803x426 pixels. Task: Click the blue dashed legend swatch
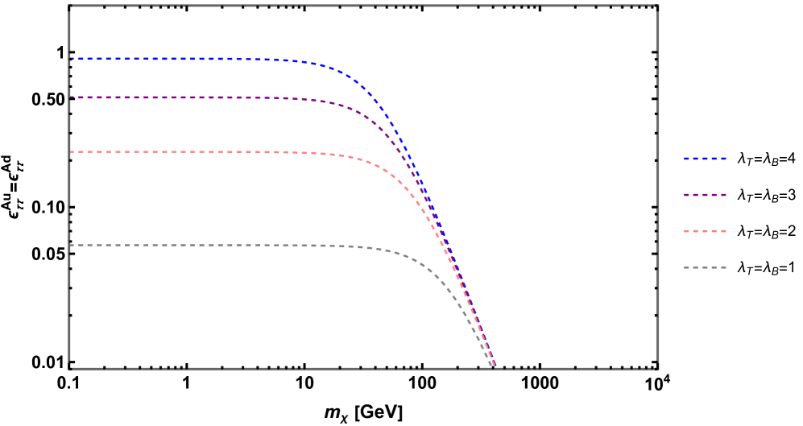[x=705, y=159]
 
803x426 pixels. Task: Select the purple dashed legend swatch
[x=705, y=195]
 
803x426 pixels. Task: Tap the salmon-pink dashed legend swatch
[x=705, y=231]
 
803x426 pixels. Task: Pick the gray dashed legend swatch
[x=705, y=267]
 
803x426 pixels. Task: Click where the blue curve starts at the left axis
[x=72, y=59]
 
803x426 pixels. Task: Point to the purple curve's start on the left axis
[x=72, y=97]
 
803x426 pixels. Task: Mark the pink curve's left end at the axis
[x=72, y=151]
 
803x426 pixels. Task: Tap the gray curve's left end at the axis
[x=72, y=245]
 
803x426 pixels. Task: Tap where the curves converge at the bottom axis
[x=494, y=367]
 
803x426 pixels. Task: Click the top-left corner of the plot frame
[x=70, y=6]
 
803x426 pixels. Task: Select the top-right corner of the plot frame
[x=658, y=6]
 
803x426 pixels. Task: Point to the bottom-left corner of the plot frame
[x=70, y=368]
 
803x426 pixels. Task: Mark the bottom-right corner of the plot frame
[x=658, y=368]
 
